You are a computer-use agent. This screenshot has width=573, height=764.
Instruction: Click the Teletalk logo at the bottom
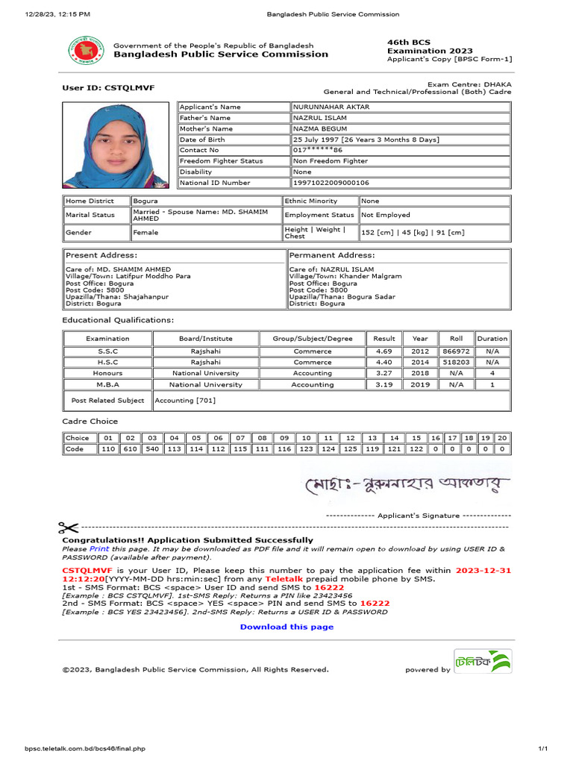point(483,662)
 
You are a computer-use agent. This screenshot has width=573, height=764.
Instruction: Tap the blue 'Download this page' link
point(286,627)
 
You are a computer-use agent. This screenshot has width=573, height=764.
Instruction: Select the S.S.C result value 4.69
point(383,351)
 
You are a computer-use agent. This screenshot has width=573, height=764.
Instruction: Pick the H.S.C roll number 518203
point(456,362)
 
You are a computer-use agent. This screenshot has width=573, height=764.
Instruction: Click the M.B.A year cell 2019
point(420,385)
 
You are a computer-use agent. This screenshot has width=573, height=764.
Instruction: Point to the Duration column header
point(492,338)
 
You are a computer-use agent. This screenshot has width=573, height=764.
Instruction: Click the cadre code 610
point(131,449)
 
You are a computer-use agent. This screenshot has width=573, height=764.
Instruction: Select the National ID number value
point(331,183)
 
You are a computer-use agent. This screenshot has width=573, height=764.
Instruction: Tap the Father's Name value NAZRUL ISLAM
point(319,118)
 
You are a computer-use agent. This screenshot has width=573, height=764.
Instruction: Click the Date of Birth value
point(366,140)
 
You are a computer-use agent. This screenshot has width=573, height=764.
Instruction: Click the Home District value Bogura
point(145,201)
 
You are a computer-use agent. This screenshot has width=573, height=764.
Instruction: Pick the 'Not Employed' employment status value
point(386,215)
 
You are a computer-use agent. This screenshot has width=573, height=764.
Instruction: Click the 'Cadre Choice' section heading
point(90,422)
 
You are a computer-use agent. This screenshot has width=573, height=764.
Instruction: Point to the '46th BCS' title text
point(408,43)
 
